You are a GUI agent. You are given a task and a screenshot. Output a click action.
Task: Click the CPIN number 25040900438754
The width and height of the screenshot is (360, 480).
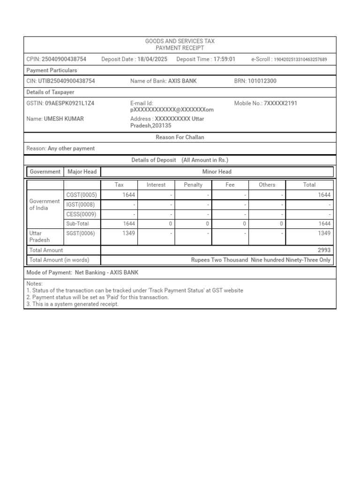pos(64,59)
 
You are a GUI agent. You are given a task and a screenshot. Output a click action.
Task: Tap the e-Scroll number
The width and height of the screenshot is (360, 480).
pos(300,60)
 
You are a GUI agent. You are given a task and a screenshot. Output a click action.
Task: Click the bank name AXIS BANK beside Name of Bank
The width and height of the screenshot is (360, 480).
pos(182,81)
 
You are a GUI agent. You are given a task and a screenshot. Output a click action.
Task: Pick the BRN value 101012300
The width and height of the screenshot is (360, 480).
pos(262,81)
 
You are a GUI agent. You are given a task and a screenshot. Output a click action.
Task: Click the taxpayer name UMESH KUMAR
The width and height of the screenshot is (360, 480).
pos(64,119)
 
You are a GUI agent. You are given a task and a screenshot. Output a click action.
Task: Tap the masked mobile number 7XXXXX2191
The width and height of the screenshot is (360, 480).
pos(280,103)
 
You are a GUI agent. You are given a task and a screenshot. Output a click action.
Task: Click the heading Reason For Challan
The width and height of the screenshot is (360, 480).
pos(180,137)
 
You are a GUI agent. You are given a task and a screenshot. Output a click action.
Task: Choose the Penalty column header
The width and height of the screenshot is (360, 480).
pos(193,185)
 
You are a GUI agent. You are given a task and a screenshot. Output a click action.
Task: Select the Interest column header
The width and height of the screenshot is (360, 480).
pos(156,185)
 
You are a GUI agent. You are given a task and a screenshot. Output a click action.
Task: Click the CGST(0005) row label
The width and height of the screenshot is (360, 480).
pos(82,195)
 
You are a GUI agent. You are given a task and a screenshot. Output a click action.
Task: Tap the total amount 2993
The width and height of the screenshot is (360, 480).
pos(324,250)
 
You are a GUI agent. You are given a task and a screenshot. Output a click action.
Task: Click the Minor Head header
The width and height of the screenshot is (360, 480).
pos(217,172)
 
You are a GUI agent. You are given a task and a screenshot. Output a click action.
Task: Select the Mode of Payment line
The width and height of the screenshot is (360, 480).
pos(82,272)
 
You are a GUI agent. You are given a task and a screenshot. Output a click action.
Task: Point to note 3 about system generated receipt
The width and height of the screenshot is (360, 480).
pos(73,304)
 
